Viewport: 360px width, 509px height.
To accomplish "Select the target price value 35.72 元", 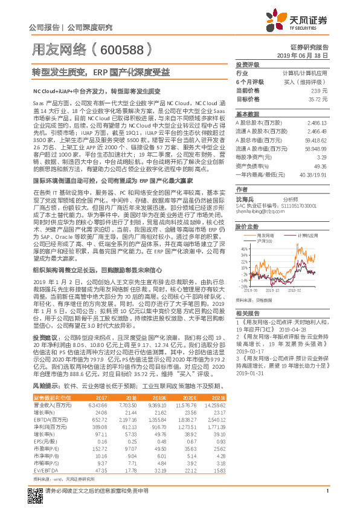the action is pos(319,99).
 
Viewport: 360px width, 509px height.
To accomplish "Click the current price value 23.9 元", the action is pos(320,90).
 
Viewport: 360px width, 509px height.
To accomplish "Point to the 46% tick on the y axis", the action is pos(244,248).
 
